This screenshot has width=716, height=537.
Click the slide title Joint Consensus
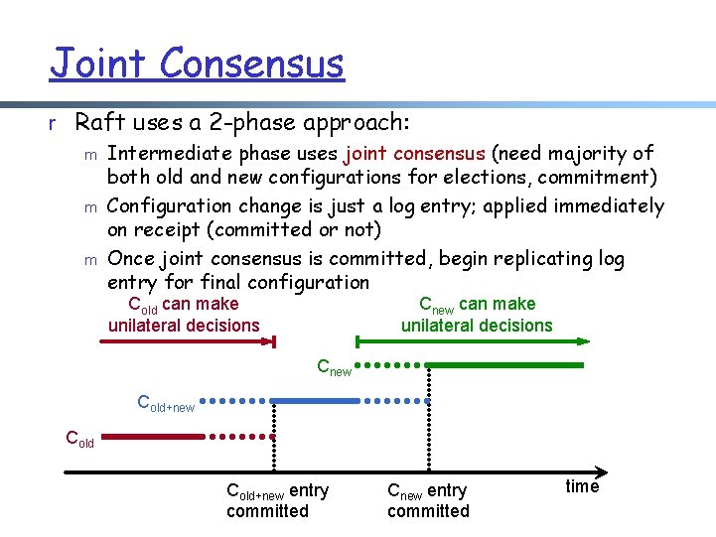tap(197, 65)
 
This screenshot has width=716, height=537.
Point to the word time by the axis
tap(582, 486)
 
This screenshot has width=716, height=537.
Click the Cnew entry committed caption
tap(428, 500)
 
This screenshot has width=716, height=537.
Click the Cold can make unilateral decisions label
tap(184, 315)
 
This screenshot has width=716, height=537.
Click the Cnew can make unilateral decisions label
tap(477, 315)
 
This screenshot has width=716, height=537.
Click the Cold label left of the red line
tap(79, 438)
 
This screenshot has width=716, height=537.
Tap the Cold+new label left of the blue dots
tap(165, 404)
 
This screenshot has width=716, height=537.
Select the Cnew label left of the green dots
tap(334, 368)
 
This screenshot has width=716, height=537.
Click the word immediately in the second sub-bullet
tap(603, 206)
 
